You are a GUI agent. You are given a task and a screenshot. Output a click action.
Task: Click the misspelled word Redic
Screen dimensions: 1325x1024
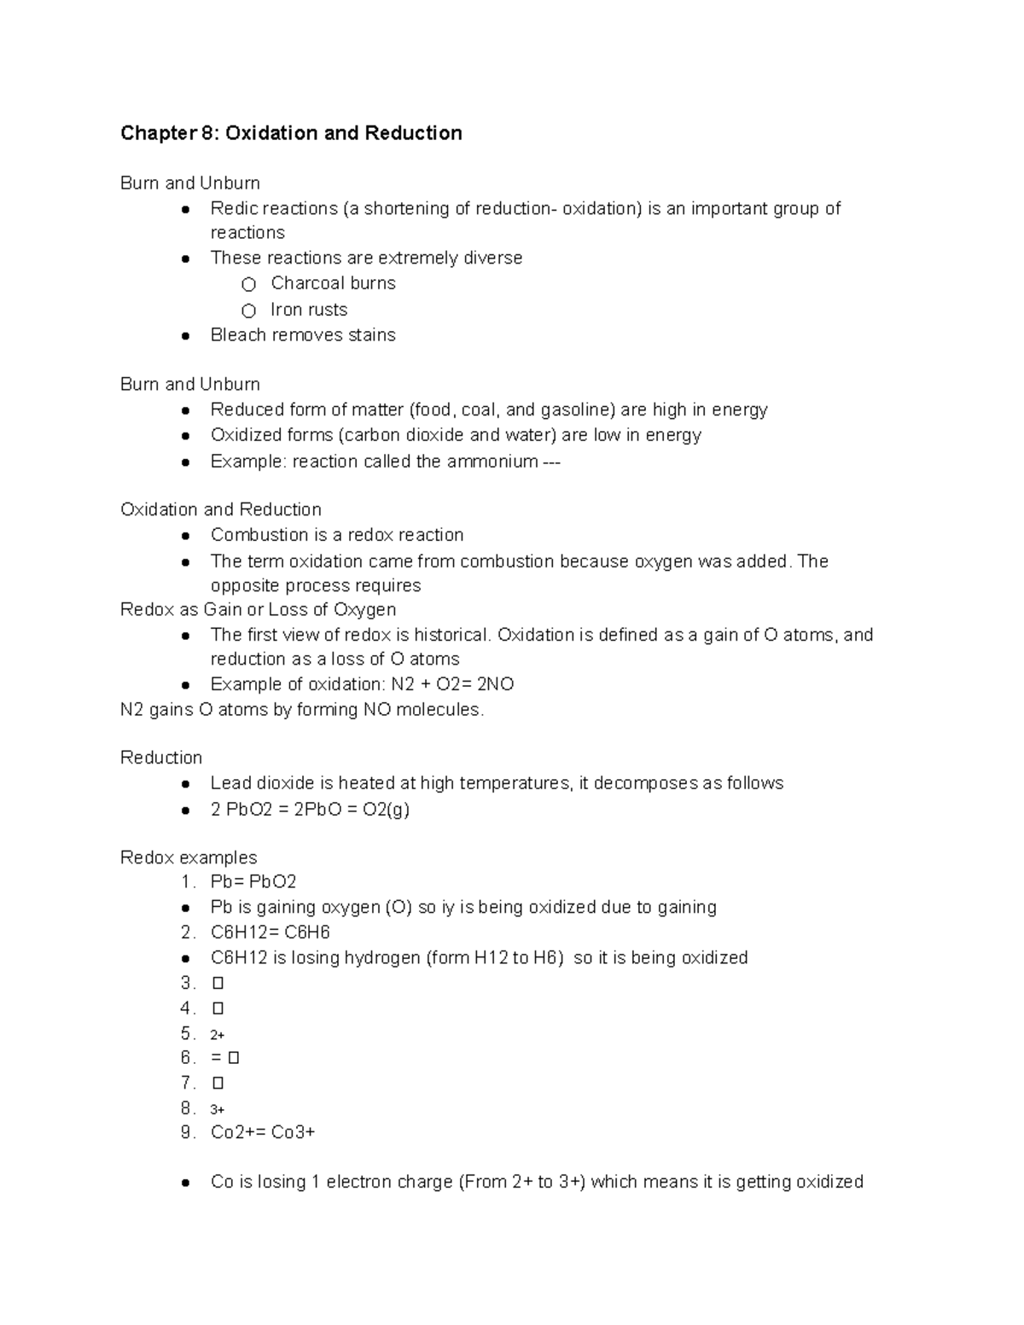point(233,209)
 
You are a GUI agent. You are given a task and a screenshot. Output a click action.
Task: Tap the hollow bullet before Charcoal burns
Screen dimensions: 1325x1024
point(248,284)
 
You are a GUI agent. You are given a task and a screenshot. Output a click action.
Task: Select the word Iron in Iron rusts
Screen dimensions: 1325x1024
point(286,310)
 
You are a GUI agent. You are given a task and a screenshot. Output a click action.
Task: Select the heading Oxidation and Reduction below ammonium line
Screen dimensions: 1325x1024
point(221,509)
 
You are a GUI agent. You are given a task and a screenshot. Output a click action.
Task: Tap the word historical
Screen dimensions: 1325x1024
point(452,635)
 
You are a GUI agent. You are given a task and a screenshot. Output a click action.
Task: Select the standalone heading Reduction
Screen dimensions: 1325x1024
point(161,758)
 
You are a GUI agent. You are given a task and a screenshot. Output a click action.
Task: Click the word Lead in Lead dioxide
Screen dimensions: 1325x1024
point(230,783)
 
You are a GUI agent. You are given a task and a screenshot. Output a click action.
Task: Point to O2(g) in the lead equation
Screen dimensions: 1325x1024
point(386,810)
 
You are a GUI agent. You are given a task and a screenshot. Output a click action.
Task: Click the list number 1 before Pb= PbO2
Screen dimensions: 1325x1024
point(186,882)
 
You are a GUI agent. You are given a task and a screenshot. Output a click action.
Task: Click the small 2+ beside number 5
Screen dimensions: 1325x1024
point(217,1035)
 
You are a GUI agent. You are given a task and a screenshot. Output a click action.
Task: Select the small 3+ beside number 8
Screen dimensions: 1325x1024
point(217,1110)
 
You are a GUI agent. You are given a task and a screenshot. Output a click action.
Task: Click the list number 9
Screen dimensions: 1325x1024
point(186,1133)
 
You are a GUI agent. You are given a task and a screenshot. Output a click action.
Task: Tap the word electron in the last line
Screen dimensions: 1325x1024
point(360,1183)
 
